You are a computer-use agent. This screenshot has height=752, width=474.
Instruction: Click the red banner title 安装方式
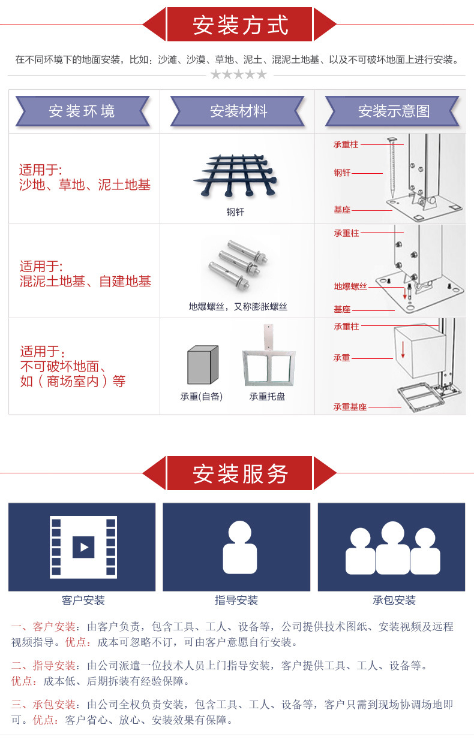click(240, 25)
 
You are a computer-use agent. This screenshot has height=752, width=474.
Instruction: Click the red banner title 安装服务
click(240, 473)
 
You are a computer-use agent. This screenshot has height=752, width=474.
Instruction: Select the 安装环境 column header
click(82, 111)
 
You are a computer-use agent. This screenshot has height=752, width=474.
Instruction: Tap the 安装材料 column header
click(238, 111)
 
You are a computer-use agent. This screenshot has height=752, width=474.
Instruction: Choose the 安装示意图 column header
click(394, 111)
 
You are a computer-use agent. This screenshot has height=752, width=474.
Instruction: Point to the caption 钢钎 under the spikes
click(235, 212)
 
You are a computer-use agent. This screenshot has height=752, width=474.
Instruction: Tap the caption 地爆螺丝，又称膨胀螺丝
click(238, 307)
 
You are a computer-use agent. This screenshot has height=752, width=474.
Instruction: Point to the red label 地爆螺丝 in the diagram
click(350, 286)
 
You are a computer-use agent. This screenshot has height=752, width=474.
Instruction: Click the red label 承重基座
click(350, 407)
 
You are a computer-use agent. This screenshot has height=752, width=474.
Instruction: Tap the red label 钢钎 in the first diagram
click(342, 173)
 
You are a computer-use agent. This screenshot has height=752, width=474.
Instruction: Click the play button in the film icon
click(83, 546)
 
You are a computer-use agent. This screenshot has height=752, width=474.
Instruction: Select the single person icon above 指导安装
click(239, 546)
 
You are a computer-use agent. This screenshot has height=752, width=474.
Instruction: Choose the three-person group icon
click(392, 548)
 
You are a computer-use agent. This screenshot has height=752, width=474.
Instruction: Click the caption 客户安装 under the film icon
click(83, 600)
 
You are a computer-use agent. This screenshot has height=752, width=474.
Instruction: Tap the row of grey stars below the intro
click(238, 74)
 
